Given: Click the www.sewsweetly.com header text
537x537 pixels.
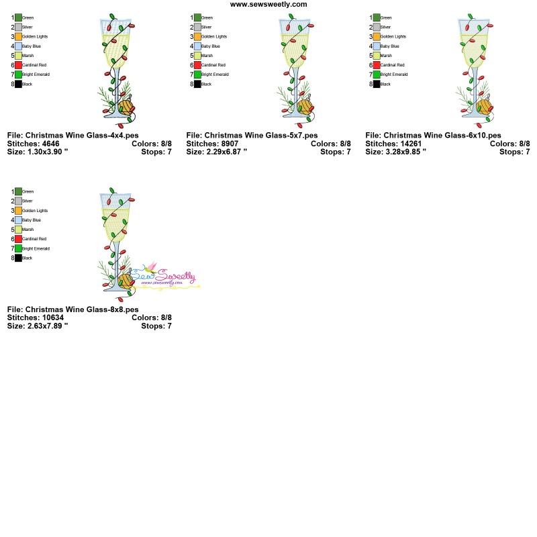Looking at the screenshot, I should [268, 4].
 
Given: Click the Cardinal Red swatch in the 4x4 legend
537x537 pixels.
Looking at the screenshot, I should [18, 65].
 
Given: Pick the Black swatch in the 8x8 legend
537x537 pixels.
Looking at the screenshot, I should [18, 258].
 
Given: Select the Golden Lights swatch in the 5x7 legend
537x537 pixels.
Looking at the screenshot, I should [197, 36].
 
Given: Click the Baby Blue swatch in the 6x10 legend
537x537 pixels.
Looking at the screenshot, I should [377, 46].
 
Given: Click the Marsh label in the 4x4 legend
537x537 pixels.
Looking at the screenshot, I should [28, 56].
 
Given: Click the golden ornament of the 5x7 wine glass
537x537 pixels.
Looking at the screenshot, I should [305, 105].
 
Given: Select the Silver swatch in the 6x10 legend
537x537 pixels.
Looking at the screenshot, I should [377, 27].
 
